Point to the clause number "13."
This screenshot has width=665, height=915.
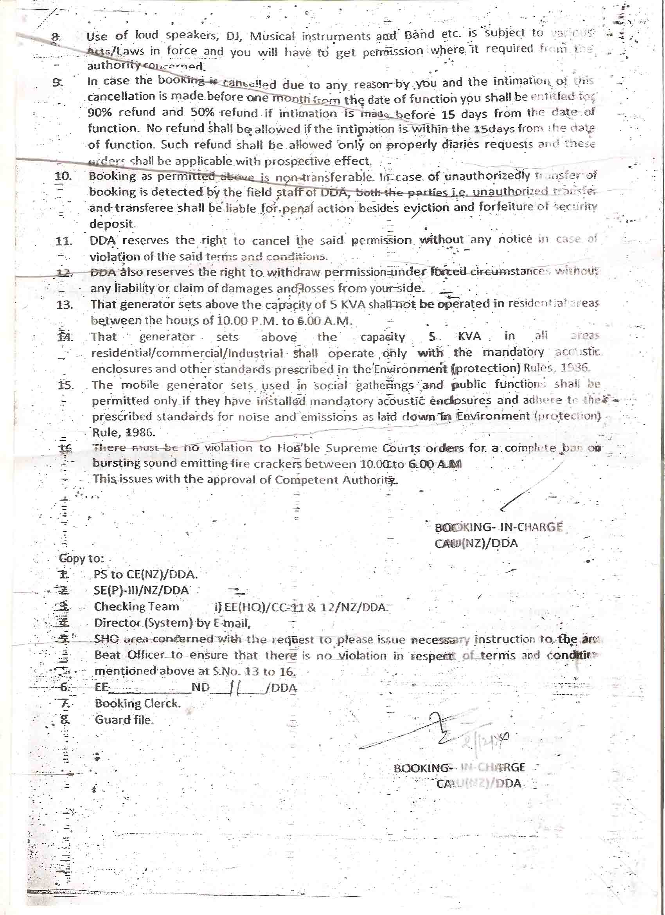click(x=65, y=304)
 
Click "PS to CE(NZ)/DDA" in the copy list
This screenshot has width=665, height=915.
click(x=145, y=574)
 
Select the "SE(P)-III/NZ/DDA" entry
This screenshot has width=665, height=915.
click(x=141, y=591)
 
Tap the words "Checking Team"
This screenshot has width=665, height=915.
click(x=136, y=607)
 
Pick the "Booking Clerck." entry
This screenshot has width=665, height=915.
click(x=138, y=703)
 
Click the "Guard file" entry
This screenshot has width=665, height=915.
click(x=123, y=720)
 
